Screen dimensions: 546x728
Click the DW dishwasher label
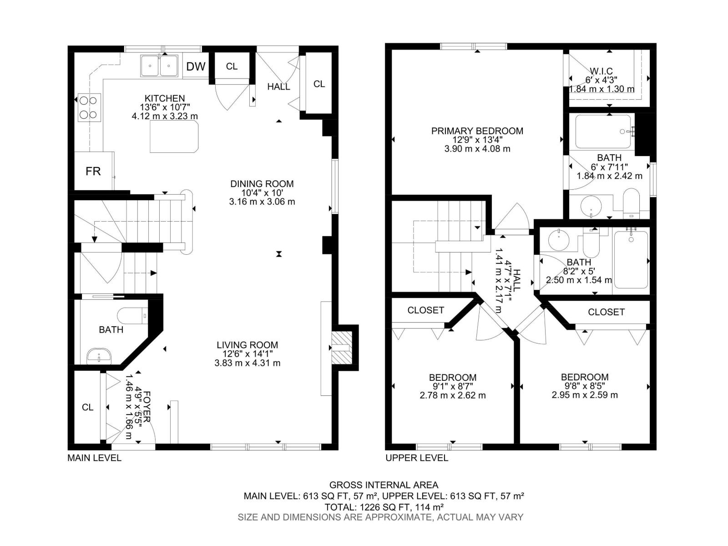tap(196, 66)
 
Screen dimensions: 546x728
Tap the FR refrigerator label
tap(93, 171)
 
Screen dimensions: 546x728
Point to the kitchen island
tap(175, 136)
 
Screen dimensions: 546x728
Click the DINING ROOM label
tap(262, 184)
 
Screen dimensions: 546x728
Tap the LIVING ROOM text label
tap(247, 345)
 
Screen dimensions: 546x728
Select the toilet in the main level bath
tap(132, 315)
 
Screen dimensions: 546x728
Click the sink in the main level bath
tap(99, 355)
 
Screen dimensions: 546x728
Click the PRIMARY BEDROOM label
tap(477, 131)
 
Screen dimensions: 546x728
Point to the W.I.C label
tap(601, 71)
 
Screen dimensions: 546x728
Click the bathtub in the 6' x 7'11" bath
tap(603, 131)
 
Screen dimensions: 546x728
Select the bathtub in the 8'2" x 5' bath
tap(631, 260)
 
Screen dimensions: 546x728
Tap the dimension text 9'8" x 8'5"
tap(585, 386)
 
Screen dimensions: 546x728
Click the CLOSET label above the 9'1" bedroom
tap(425, 310)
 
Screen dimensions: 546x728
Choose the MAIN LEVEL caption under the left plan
tap(94, 458)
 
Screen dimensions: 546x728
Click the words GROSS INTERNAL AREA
tap(384, 485)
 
